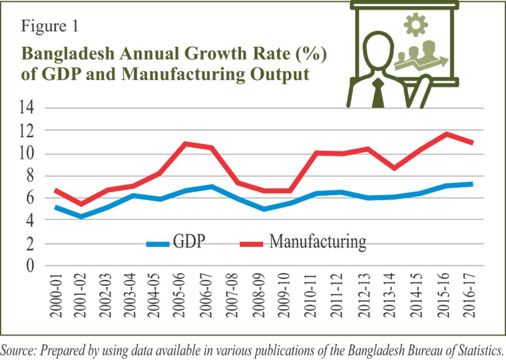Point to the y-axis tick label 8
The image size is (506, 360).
(x=26, y=176)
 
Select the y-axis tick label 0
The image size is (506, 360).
(x=26, y=266)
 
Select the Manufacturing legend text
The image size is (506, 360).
(x=318, y=242)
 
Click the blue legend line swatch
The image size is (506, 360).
(x=158, y=244)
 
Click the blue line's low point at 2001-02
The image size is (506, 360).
(x=82, y=217)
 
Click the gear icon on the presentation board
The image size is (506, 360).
(x=415, y=24)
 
